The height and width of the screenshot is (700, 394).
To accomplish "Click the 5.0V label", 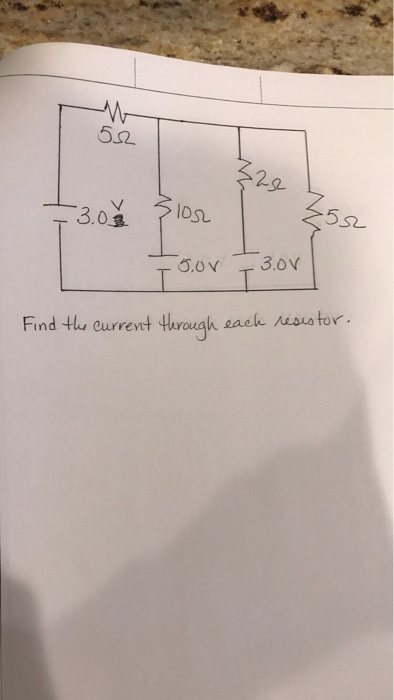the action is (x=198, y=266).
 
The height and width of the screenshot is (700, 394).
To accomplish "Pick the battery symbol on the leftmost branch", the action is (x=62, y=212).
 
